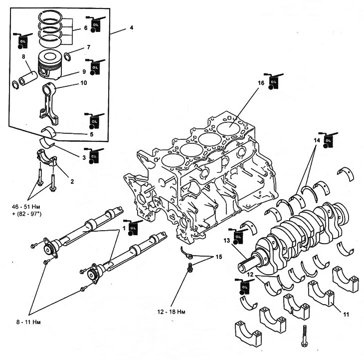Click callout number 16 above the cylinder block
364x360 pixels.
tap(261, 83)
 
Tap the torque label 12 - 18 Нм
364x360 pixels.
tap(172, 312)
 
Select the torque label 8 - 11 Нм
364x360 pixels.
tap(28, 322)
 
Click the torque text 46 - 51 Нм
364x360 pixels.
tap(26, 207)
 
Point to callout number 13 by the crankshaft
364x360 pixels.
tap(227, 240)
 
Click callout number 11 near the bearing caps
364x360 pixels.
tap(346, 315)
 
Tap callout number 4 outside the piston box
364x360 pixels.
tap(132, 27)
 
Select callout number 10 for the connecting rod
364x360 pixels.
tap(84, 83)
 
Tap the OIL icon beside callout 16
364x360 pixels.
tap(273, 81)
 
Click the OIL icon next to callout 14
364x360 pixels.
tap(328, 140)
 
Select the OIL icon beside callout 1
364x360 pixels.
tap(133, 228)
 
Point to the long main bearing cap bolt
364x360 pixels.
tap(304, 336)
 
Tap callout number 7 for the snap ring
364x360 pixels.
tap(88, 47)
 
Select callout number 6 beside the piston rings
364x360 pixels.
tap(86, 28)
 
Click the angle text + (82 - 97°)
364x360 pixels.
tap(27, 214)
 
